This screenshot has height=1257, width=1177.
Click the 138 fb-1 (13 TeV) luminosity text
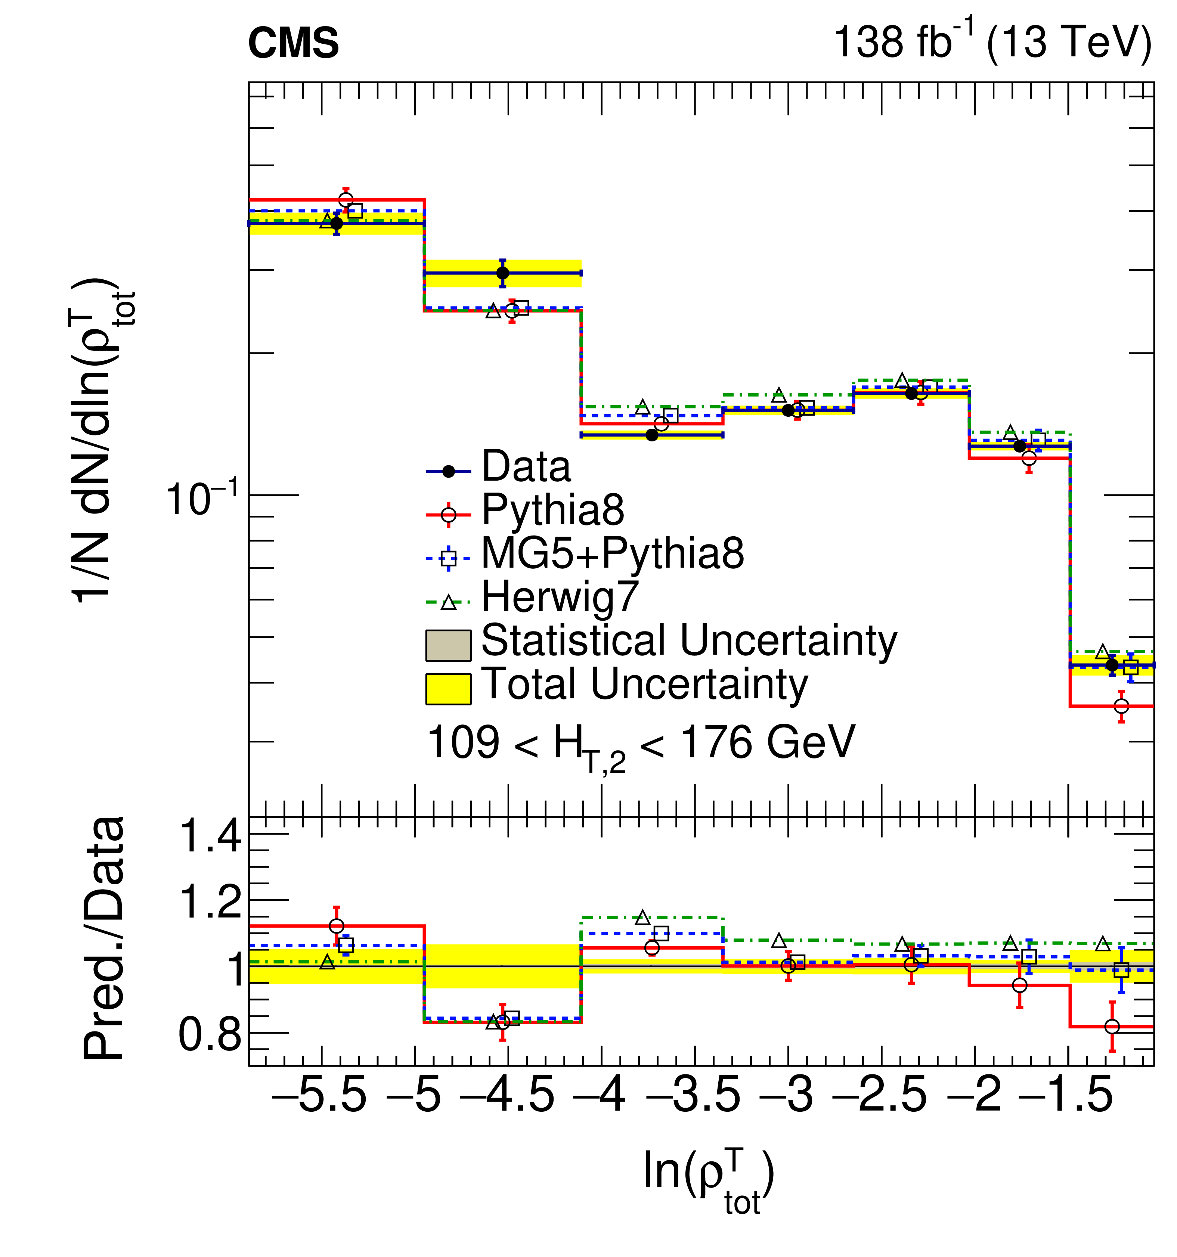click(x=992, y=42)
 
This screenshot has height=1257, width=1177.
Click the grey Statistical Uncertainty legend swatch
click(x=448, y=645)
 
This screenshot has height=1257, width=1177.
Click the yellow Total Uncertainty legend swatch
click(x=448, y=689)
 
